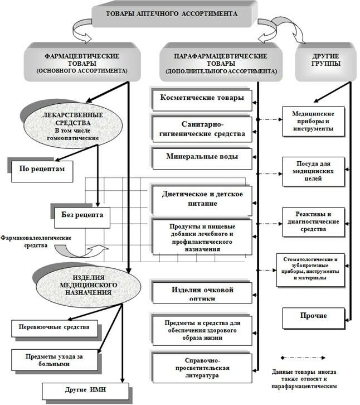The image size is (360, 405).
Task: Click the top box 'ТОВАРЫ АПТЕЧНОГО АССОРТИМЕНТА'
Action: click(x=172, y=14)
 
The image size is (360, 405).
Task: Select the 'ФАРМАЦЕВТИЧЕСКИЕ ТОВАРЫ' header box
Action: click(x=82, y=63)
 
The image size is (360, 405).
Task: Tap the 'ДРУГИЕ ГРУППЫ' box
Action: click(x=325, y=62)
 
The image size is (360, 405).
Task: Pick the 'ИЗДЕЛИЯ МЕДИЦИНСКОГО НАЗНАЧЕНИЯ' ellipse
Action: click(x=89, y=285)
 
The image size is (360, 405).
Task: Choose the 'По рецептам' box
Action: click(x=42, y=171)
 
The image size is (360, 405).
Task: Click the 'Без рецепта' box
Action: click(x=82, y=217)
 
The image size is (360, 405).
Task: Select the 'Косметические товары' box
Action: click(x=202, y=100)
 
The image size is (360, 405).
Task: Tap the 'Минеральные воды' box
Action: click(x=202, y=158)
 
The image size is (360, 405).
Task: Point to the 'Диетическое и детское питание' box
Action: click(x=202, y=200)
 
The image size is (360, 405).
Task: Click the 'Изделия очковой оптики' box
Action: click(x=202, y=293)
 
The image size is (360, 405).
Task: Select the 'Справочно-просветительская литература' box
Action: click(x=202, y=368)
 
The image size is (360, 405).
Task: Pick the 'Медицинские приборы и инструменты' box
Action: click(x=314, y=122)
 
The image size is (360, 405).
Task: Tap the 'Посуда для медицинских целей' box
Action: click(x=314, y=171)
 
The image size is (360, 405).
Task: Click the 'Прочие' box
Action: click(x=314, y=318)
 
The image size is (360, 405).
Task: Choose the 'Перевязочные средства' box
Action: click(x=55, y=329)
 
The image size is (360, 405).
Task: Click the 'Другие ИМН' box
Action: click(x=85, y=391)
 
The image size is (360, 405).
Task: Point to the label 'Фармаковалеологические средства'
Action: click(x=36, y=242)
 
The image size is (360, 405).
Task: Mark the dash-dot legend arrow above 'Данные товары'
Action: click(x=303, y=358)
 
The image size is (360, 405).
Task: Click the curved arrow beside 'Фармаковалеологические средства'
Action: click(x=80, y=252)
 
